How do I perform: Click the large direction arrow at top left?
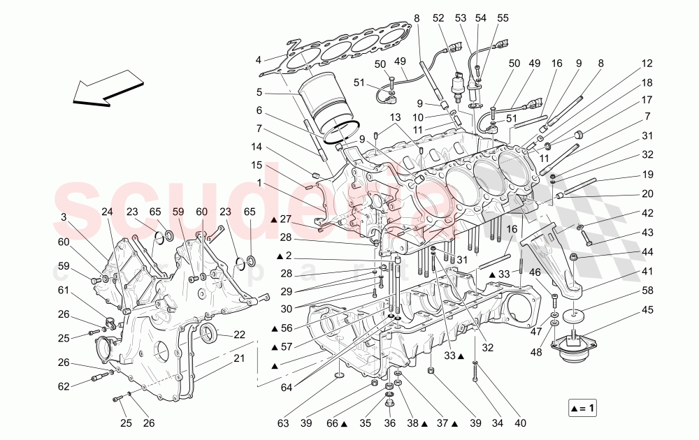(x=104, y=86)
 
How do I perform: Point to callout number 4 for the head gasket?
(x=258, y=59)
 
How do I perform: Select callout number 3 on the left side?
(x=64, y=217)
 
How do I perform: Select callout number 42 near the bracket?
(x=647, y=213)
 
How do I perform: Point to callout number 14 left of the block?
(x=258, y=147)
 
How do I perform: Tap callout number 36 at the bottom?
(x=390, y=423)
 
